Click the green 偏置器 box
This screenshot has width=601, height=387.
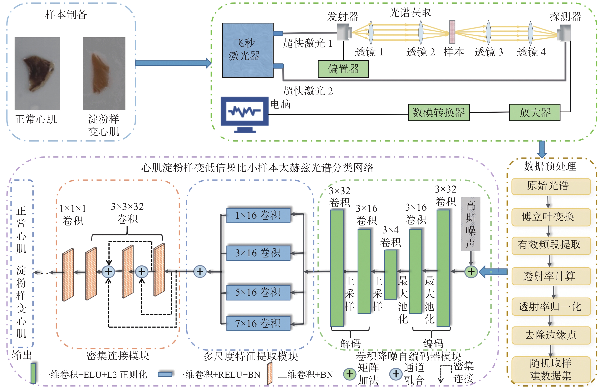pos(343,69)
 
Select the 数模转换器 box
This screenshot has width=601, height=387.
pos(439,112)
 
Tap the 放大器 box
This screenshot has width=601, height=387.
pos(535,112)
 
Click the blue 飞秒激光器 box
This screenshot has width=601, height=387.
pos(248,50)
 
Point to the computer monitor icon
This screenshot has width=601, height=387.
pos(244,115)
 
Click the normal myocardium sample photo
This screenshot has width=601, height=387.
pos(37,74)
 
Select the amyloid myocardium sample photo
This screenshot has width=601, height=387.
pos(104,74)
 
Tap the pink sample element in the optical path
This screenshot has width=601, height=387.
pos(452,32)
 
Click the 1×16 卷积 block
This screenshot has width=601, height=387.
pos(258,215)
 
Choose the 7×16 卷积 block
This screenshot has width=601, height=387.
pos(258,323)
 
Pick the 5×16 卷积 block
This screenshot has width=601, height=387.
pos(258,292)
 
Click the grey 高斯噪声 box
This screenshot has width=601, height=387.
pos(471,224)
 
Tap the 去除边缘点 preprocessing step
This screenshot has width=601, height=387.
pos(551,335)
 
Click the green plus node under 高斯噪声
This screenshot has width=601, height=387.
pos(471,272)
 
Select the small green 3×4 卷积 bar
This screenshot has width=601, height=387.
pos(391,274)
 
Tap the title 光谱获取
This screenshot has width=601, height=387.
pos(410,12)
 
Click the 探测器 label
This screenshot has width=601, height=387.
pos(565,17)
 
